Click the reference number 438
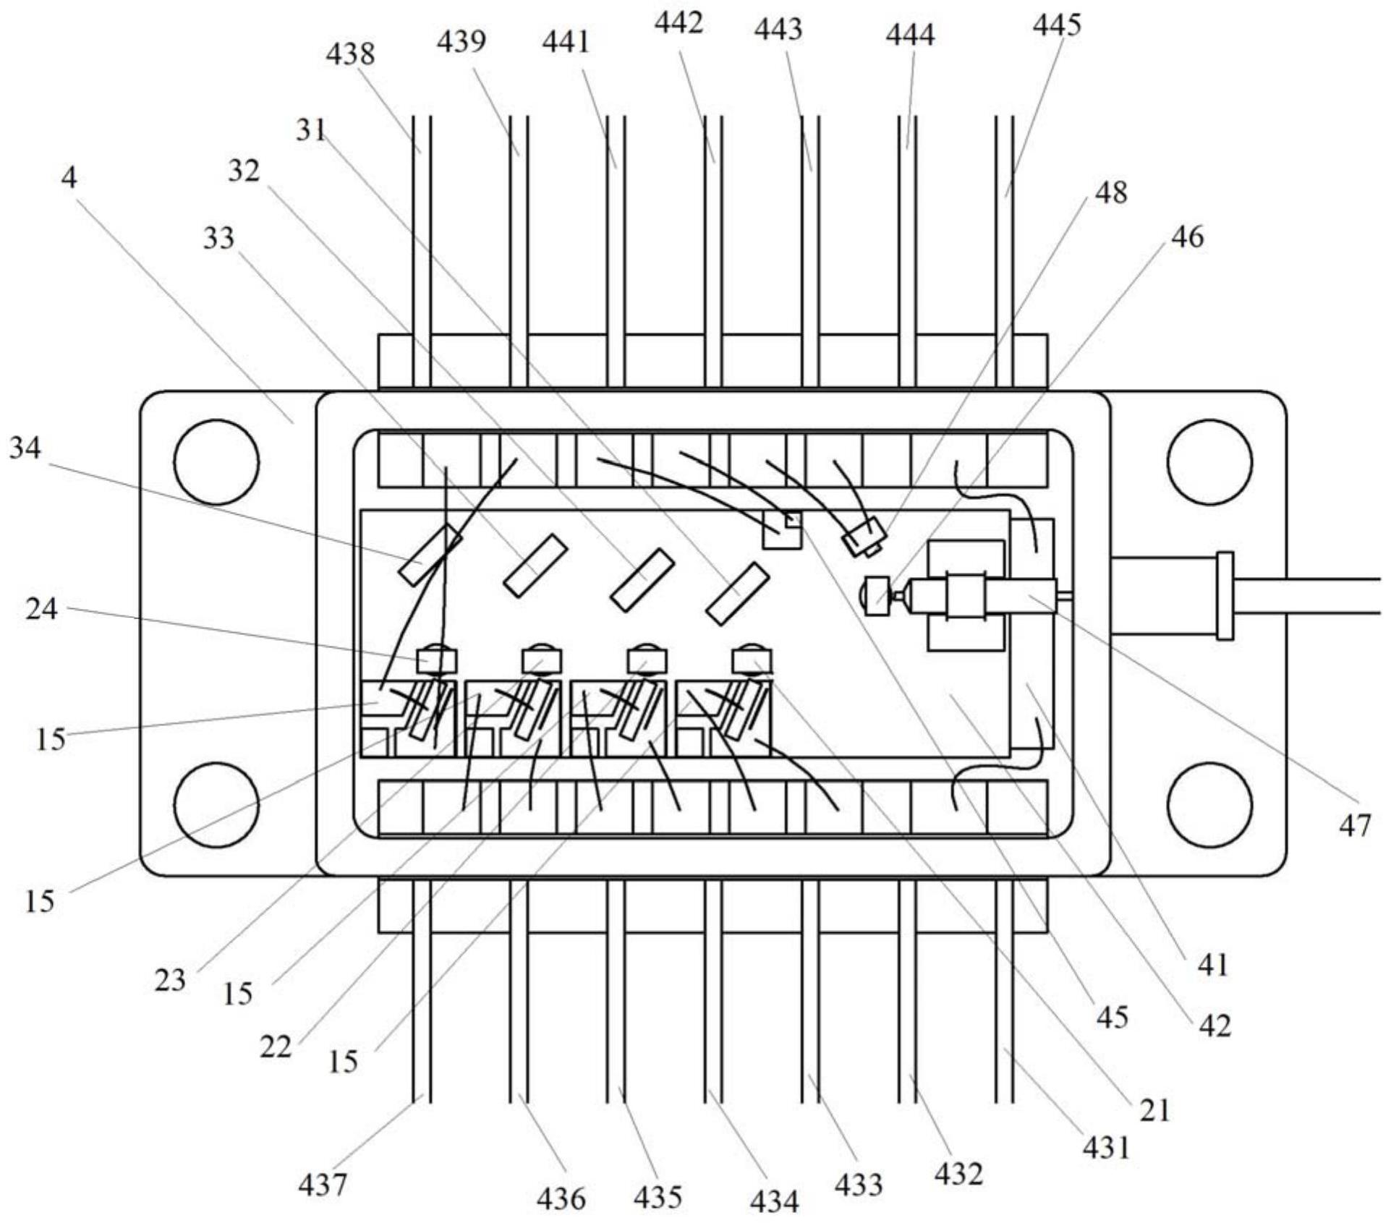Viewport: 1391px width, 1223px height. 351,54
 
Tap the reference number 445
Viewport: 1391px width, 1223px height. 1057,25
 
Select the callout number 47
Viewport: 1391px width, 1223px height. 1354,825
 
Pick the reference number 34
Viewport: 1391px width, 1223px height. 25,448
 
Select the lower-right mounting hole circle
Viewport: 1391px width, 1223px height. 1210,805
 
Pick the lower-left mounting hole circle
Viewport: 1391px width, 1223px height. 217,805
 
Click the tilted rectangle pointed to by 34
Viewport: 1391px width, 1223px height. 430,555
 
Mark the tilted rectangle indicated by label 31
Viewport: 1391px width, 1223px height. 737,594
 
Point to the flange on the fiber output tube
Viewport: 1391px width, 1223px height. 1225,595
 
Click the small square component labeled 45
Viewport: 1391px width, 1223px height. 783,530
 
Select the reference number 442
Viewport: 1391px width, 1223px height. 679,24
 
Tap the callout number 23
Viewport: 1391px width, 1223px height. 170,981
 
